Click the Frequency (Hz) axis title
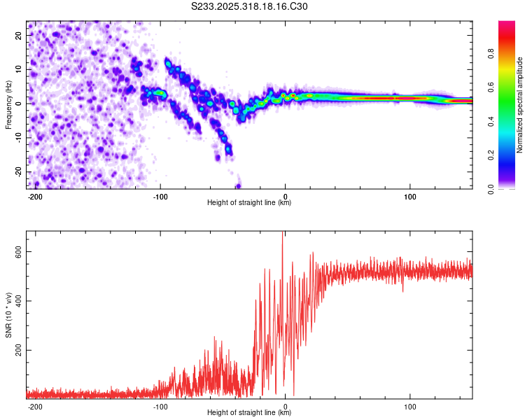click(8, 105)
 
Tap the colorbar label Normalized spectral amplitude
click(520, 105)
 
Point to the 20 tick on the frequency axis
click(19, 35)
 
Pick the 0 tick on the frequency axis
click(21, 103)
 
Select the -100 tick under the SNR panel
click(160, 406)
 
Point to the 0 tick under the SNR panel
click(286, 406)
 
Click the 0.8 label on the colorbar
click(490, 54)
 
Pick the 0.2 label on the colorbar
click(490, 155)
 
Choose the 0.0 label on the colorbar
click(490, 189)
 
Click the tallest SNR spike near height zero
click(283, 234)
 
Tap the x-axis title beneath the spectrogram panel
click(249, 203)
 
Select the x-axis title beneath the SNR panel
click(249, 413)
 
